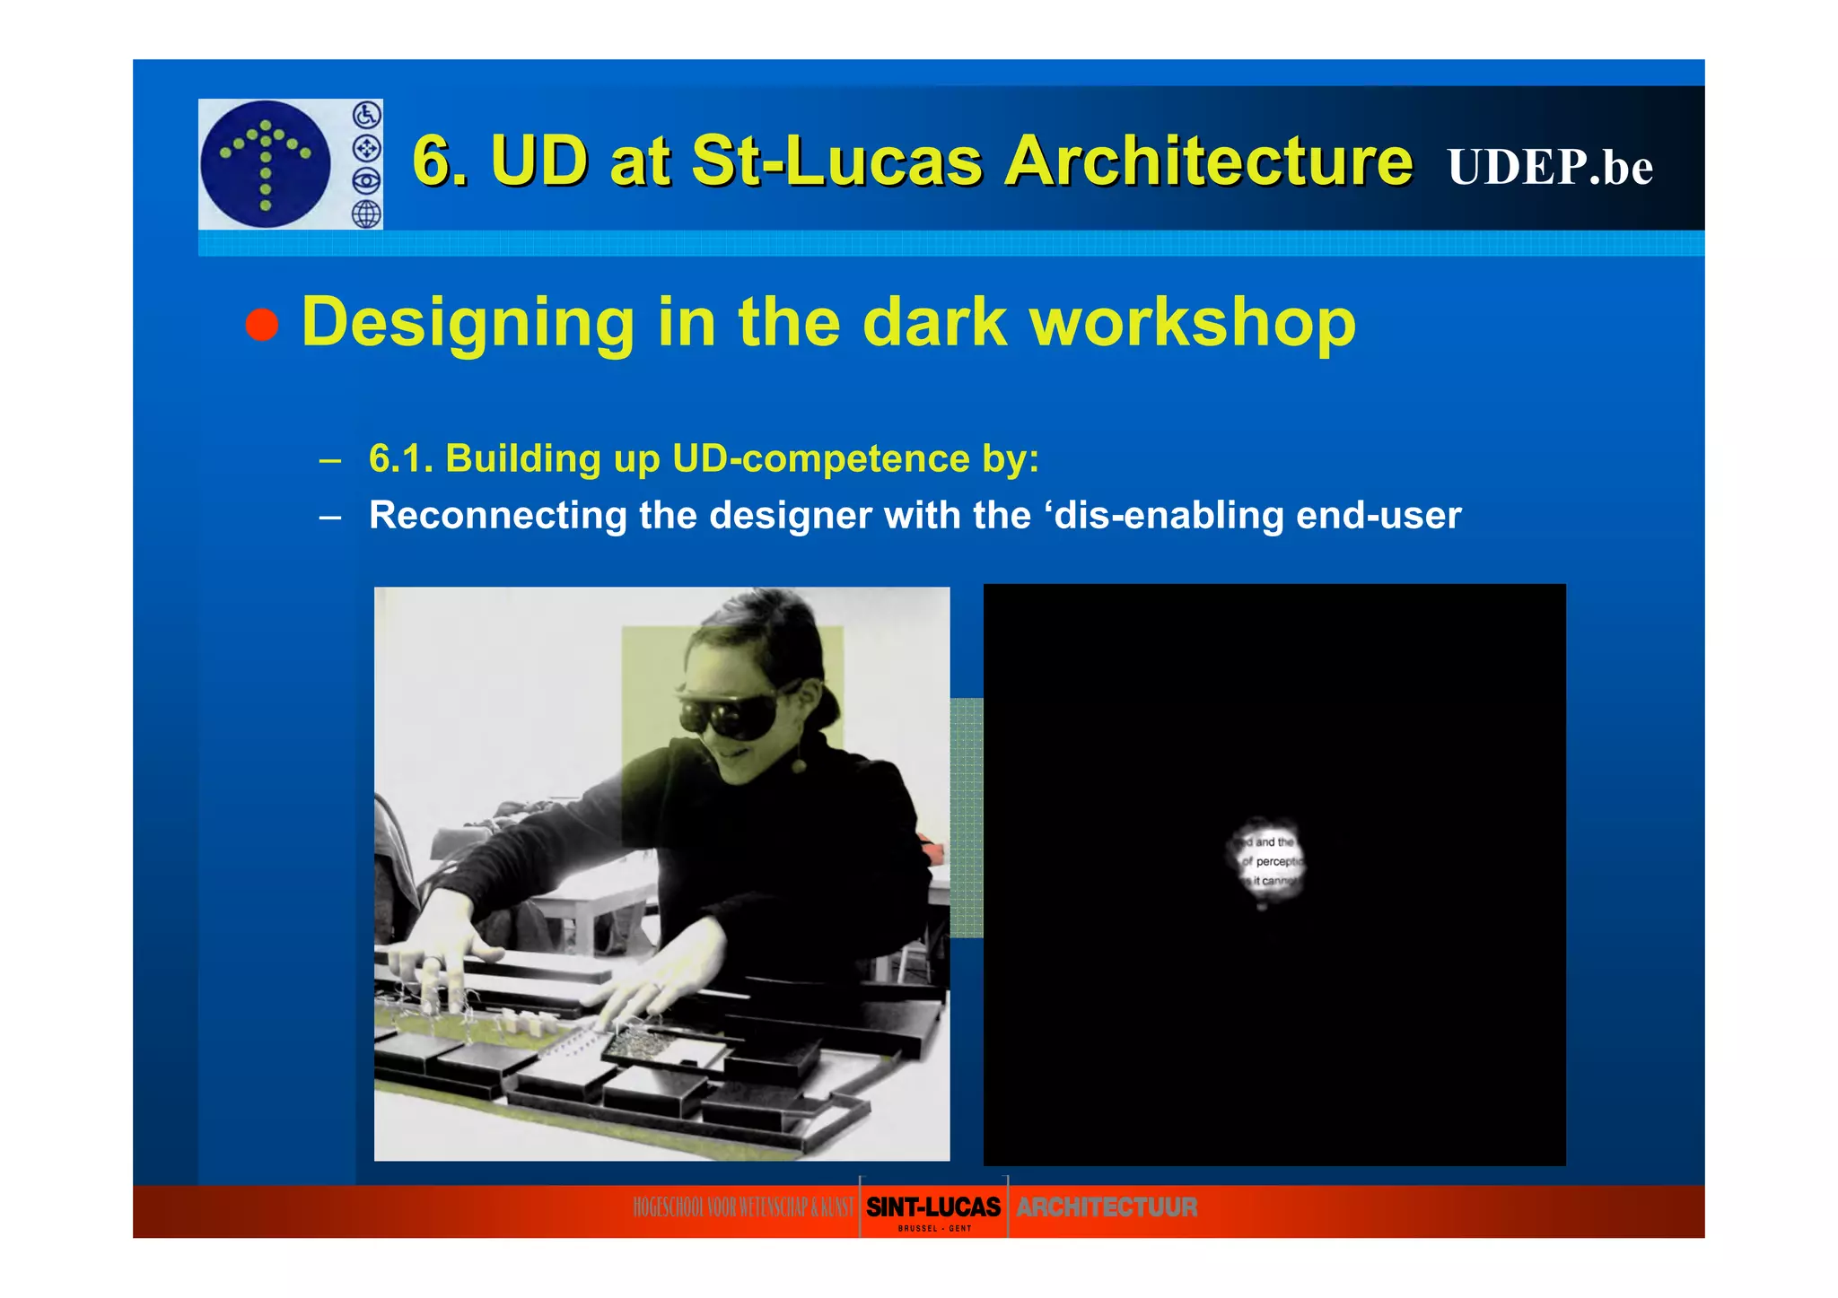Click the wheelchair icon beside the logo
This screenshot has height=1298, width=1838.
[366, 115]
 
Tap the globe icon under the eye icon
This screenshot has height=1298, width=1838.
[366, 213]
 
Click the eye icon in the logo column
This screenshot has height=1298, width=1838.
[366, 181]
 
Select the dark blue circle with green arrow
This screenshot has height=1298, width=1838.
[265, 163]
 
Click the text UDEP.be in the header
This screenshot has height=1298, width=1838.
[1549, 167]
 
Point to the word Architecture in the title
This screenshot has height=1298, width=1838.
[1208, 161]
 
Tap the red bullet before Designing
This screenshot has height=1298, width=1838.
[262, 324]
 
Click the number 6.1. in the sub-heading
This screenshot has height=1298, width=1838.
[400, 458]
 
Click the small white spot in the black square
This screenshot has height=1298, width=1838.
[1266, 861]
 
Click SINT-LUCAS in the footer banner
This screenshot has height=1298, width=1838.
[932, 1207]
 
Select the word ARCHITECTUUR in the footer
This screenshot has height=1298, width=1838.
[1106, 1207]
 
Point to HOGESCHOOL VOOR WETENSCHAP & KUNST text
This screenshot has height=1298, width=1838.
[743, 1207]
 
